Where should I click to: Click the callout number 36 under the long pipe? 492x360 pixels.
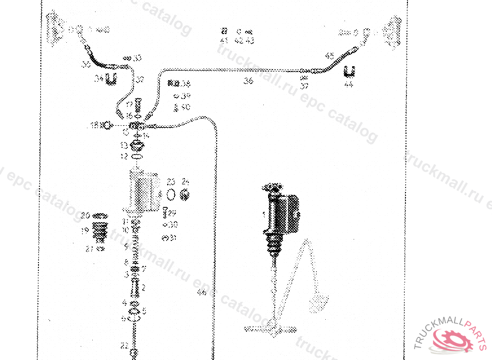pos(248,81)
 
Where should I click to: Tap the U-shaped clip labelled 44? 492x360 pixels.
pos(350,72)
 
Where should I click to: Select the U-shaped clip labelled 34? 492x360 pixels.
pos(111,79)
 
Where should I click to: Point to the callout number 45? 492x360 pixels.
pos(330,56)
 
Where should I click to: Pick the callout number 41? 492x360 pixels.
pos(224,40)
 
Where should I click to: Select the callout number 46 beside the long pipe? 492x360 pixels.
pos(202,292)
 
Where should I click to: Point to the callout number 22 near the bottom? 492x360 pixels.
pos(124,345)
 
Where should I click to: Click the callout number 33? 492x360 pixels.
pos(137,58)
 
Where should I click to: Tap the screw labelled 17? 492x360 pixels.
pos(137,103)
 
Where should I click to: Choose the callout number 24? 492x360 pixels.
pos(185,182)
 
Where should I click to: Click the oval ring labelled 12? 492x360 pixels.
pos(137,157)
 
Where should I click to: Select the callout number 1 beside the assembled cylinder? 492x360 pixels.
pos(263,214)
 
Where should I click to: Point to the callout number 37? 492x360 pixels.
pos(304,86)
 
